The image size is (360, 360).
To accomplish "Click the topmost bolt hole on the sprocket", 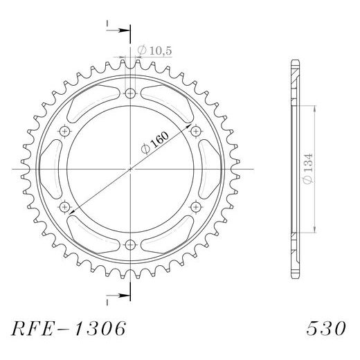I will click(131, 93).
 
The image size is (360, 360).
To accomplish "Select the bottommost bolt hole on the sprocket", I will click(131, 243).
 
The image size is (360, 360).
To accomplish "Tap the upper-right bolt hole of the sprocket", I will click(195, 131).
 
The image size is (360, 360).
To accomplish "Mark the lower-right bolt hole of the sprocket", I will click(195, 206).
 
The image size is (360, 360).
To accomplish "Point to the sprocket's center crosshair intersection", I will click(131, 168).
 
